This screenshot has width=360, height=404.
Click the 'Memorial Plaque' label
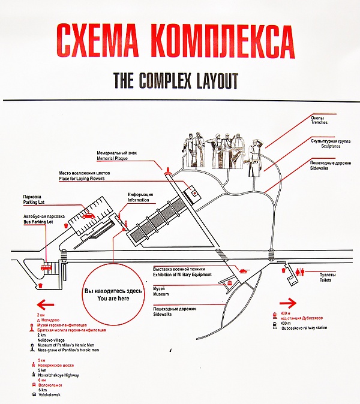[x=113, y=159]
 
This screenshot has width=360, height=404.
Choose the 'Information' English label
[x=140, y=201]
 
